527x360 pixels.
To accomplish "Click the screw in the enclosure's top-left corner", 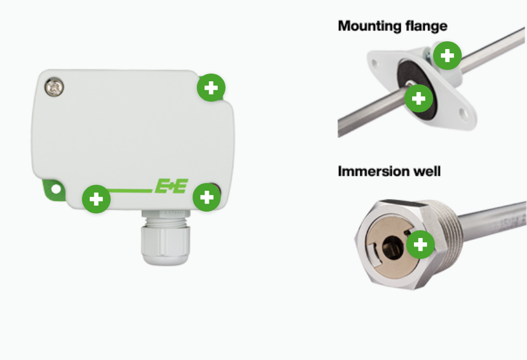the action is click(54, 87).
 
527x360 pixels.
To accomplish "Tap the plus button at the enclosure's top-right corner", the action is click(211, 88).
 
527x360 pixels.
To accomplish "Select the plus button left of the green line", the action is click(96, 199).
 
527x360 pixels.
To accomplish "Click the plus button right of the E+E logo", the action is click(207, 197).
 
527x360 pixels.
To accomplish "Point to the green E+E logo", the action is click(171, 186).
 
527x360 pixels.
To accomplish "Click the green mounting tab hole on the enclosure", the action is click(56, 189).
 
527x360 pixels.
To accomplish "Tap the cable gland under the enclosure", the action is click(165, 237).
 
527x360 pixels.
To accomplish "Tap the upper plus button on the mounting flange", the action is click(447, 56).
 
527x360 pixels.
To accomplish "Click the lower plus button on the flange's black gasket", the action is click(419, 99).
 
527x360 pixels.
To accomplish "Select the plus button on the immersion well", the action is click(421, 245).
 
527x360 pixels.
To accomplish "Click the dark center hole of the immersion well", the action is click(392, 248).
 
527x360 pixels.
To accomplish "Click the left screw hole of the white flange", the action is click(374, 63).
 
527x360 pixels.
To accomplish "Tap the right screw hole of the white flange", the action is click(464, 114).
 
